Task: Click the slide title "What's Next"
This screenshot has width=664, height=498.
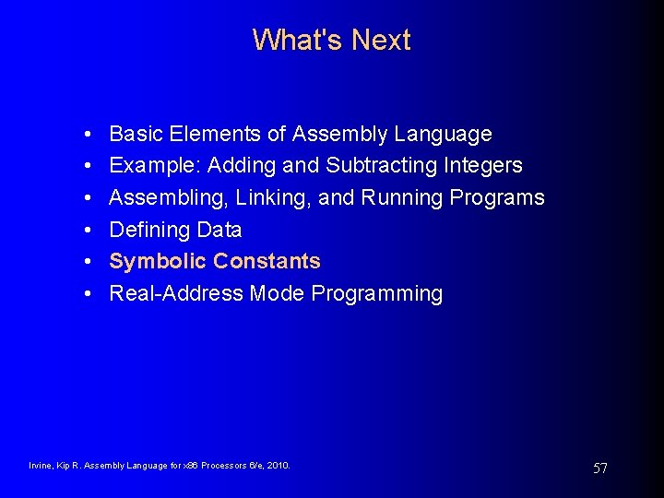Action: coord(331,40)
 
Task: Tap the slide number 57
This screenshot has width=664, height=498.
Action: coord(599,468)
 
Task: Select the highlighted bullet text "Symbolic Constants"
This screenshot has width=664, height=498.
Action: coord(215,261)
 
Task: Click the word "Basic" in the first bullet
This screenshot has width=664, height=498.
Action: coord(134,134)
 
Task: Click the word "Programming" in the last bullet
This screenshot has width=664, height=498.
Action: coord(377,293)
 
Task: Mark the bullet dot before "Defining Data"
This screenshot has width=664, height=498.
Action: coord(85,230)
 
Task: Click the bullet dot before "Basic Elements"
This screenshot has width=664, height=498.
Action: coord(85,135)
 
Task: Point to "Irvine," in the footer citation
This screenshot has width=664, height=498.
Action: coord(41,466)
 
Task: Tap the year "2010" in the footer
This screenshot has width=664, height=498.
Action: coord(277,466)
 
